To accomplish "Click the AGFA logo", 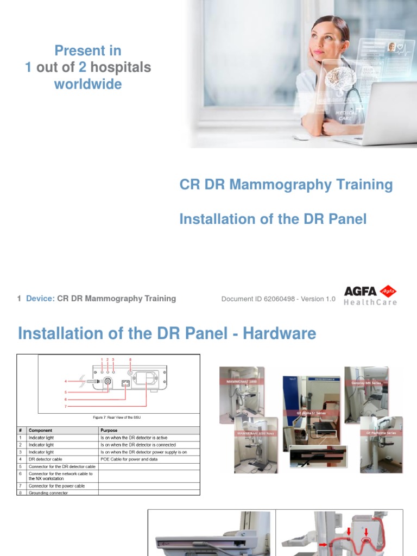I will pyautogui.click(x=369, y=291).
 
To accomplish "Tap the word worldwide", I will pyautogui.click(x=87, y=84).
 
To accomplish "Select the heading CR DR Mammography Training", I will pyautogui.click(x=286, y=185).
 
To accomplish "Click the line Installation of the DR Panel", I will pyautogui.click(x=273, y=219).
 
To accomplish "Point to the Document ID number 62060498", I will pyautogui.click(x=278, y=299).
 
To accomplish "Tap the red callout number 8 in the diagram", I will pyautogui.click(x=130, y=359).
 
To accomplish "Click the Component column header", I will pyautogui.click(x=41, y=430).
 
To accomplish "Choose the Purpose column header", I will pyautogui.click(x=109, y=430).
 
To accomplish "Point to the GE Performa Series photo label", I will pyautogui.click(x=381, y=433).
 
